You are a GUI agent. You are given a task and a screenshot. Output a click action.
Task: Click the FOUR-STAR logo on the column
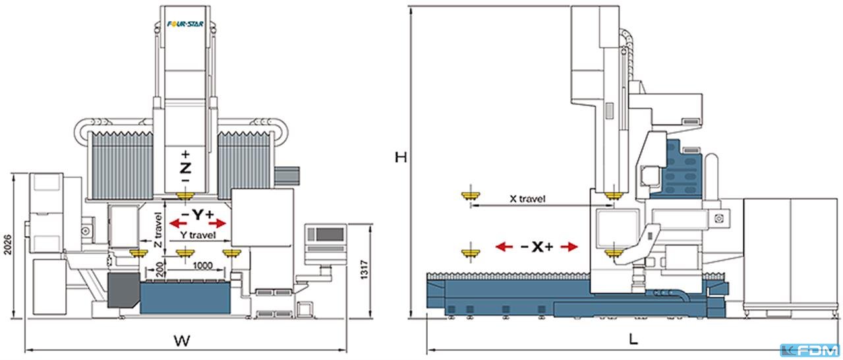(185, 24)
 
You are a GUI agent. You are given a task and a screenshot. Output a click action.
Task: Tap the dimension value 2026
(7, 245)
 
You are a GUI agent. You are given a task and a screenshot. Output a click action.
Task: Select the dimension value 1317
(364, 270)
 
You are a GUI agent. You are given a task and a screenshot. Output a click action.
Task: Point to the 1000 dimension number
(203, 266)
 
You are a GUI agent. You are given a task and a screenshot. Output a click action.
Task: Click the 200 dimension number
(161, 269)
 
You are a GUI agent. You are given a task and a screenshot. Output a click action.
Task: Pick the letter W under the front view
(182, 341)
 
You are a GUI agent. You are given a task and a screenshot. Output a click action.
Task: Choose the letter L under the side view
(634, 340)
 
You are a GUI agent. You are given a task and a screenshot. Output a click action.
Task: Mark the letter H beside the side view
(401, 157)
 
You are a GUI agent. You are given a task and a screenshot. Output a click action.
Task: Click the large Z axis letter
(185, 168)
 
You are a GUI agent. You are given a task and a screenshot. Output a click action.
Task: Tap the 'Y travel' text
(198, 235)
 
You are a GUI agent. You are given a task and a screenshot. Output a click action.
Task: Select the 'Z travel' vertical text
(158, 229)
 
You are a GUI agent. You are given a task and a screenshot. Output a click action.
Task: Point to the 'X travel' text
(527, 198)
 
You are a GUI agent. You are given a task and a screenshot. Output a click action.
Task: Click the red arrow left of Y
(179, 224)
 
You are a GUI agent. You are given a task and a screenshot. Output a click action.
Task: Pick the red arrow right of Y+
(218, 224)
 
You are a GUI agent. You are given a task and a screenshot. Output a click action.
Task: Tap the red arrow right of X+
(569, 247)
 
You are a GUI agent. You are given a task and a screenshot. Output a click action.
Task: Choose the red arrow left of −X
(504, 247)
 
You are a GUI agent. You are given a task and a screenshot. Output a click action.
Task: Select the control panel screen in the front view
(330, 235)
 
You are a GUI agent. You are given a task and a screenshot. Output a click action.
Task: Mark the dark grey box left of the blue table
(123, 289)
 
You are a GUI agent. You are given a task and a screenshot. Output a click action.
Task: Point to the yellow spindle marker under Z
(185, 195)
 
